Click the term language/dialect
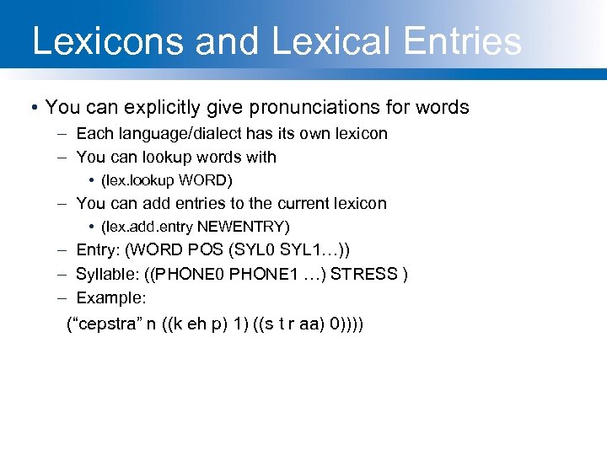pyautogui.click(x=178, y=133)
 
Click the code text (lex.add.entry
pyautogui.click(x=147, y=227)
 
